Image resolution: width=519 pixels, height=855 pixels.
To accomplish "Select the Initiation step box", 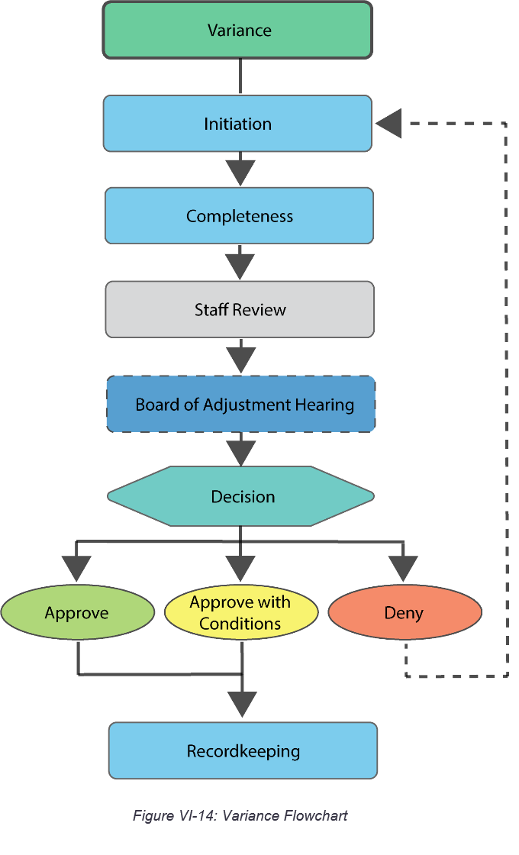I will tap(237, 124).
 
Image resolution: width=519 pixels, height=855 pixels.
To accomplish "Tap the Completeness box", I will tap(239, 216).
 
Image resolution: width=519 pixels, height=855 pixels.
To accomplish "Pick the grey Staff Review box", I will tap(240, 309).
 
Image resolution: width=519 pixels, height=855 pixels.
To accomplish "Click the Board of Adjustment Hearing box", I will tap(241, 405).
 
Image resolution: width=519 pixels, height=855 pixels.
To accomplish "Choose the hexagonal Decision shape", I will tap(241, 496).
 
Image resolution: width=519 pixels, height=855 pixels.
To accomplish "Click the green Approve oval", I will tap(77, 613).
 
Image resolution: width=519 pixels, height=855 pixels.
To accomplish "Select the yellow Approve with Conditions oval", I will tap(241, 613).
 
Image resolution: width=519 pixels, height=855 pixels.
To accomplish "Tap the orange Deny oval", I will tap(405, 613).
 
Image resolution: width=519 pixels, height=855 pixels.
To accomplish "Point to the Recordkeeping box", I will tap(243, 751).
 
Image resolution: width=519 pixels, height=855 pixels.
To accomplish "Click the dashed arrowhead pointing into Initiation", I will tap(388, 124).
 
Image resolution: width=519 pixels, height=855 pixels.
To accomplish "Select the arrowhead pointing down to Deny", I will tap(404, 568).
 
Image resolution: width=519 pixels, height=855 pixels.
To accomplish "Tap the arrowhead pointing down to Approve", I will tap(76, 568).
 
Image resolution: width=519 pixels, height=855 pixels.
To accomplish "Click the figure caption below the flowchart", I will tap(240, 815).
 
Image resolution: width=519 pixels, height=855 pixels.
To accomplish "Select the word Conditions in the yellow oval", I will tap(240, 624).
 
